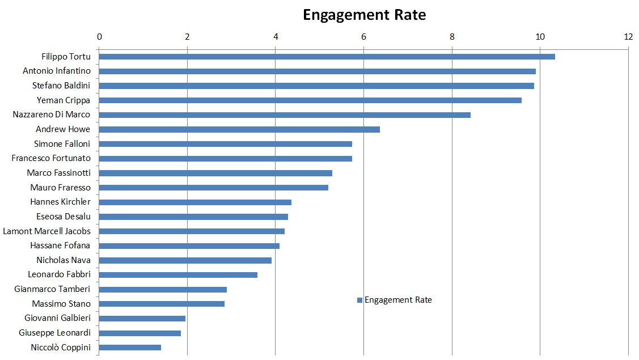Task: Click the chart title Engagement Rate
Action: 364,15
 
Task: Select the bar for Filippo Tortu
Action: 327,57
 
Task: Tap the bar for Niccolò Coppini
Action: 130,348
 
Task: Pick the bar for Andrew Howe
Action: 239,129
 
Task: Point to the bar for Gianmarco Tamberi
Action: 163,289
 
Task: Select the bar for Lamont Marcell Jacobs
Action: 192,231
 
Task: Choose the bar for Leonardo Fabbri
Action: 178,275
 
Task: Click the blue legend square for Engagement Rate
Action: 359,300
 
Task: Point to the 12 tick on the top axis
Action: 628,37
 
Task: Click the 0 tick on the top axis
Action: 99,37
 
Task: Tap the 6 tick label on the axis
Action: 363,37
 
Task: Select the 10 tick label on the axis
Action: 540,37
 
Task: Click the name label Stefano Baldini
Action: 61,86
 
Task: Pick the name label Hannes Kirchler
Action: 60,202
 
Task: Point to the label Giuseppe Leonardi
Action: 54,333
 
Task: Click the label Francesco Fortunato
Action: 50,158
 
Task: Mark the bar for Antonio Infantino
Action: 317,71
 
